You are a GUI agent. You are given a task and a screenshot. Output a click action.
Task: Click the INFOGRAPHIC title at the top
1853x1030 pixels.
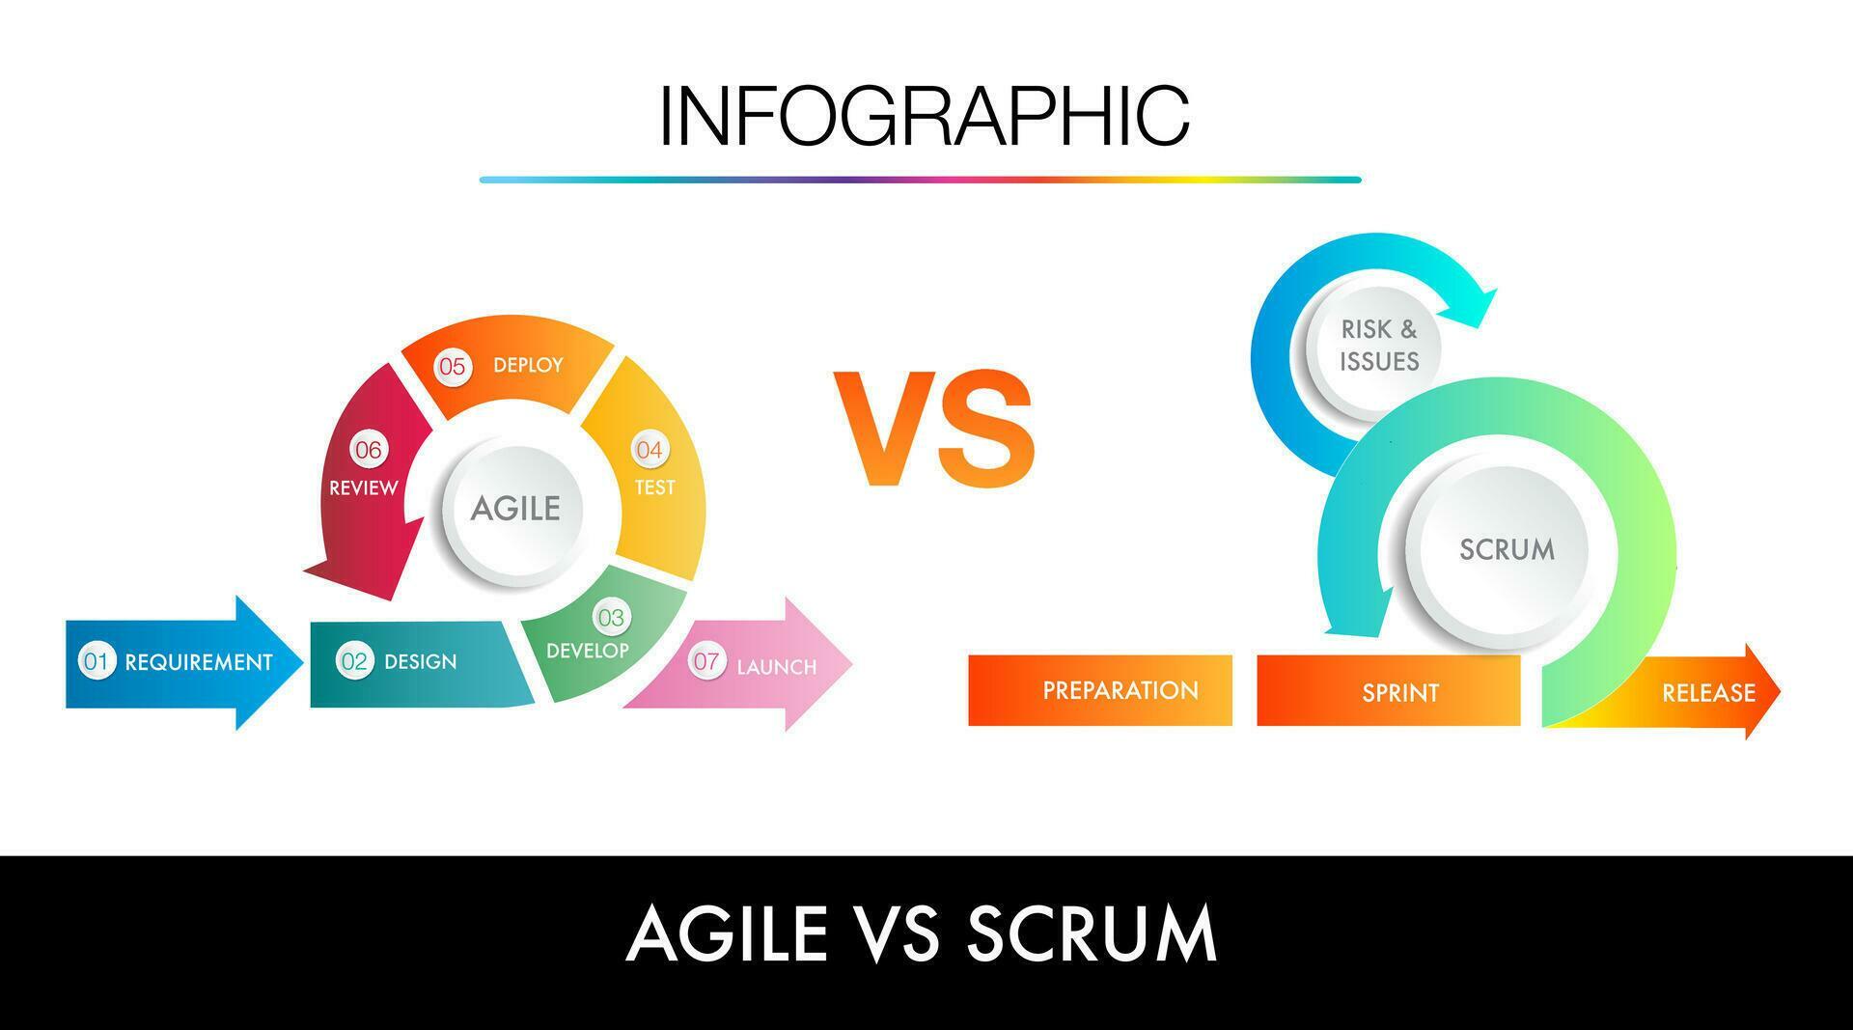click(924, 116)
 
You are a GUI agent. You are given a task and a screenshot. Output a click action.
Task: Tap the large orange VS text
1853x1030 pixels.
click(933, 430)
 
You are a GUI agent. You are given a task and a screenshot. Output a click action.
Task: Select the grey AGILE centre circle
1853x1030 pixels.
click(515, 509)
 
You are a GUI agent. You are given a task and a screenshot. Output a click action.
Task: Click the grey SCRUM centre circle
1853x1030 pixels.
click(1507, 550)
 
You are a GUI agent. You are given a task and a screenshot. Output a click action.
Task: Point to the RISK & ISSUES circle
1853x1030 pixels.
click(1379, 346)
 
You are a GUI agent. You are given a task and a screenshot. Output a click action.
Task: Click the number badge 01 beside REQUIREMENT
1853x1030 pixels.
click(96, 661)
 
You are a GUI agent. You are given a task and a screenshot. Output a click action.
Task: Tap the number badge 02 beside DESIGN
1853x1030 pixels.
click(354, 661)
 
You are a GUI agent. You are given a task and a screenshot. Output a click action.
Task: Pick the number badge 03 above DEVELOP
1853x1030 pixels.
click(610, 617)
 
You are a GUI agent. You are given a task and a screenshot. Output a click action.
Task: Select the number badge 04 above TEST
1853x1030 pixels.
click(650, 450)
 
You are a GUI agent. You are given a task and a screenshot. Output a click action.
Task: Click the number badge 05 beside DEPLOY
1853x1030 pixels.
click(452, 367)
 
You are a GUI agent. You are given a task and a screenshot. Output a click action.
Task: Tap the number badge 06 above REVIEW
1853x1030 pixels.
click(368, 450)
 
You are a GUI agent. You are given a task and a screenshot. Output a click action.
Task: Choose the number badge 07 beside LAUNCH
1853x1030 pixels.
click(706, 661)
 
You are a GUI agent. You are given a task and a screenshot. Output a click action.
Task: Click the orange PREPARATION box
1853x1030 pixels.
click(1100, 690)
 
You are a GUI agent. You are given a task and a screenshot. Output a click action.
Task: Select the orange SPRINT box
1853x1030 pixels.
click(1388, 691)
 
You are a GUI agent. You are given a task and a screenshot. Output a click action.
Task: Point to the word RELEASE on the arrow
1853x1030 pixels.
click(1708, 693)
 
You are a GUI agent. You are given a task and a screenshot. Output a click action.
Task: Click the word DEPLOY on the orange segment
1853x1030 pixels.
click(528, 365)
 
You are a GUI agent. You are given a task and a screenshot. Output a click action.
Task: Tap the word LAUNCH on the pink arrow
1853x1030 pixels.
click(777, 667)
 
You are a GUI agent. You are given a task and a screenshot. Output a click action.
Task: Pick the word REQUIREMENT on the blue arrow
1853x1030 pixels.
click(199, 662)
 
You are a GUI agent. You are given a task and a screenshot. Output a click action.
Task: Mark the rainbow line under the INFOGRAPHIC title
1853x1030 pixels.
click(920, 180)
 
